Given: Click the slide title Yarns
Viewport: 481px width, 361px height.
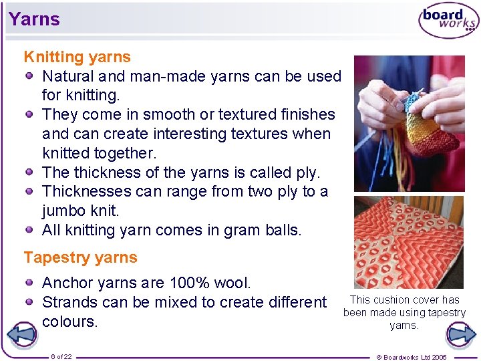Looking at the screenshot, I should coord(34,19).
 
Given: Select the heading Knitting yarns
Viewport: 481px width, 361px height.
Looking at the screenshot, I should coord(77,57).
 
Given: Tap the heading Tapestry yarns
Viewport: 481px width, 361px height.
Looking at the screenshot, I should coord(81,257).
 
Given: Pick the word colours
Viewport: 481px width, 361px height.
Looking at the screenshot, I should coord(70,322).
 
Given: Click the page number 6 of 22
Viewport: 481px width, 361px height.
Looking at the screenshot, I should coord(61,357).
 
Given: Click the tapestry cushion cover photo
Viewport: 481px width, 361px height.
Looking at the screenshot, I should coord(408,242).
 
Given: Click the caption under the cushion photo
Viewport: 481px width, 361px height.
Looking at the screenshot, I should coord(404,312).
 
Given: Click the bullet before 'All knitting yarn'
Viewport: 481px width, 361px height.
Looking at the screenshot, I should coord(29,229).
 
